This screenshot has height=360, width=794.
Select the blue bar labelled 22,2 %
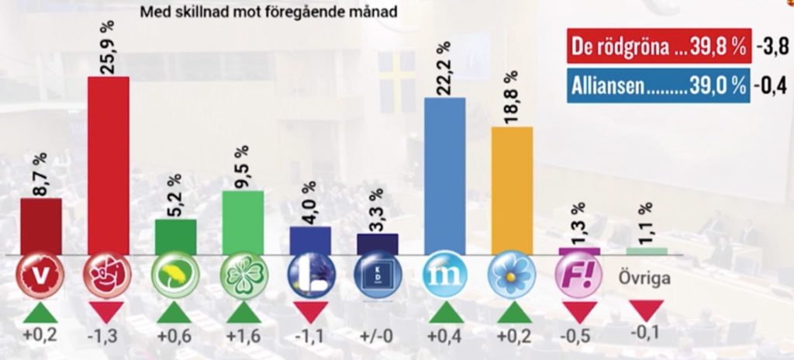(x=445, y=176)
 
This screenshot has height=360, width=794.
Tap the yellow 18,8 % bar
(x=512, y=190)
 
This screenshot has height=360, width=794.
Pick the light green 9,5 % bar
(x=243, y=222)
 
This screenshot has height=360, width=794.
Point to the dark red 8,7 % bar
(x=41, y=226)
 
